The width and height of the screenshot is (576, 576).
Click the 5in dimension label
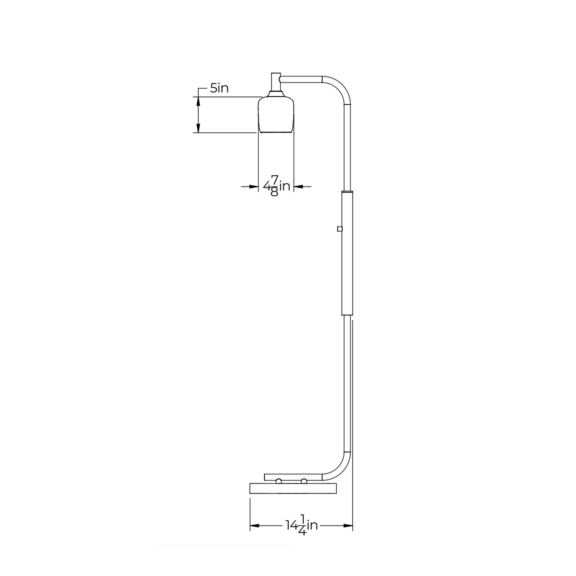219,88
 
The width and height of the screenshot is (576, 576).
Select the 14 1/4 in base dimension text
302,533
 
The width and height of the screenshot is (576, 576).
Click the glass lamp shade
276,114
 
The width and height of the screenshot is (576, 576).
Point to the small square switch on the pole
339,229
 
